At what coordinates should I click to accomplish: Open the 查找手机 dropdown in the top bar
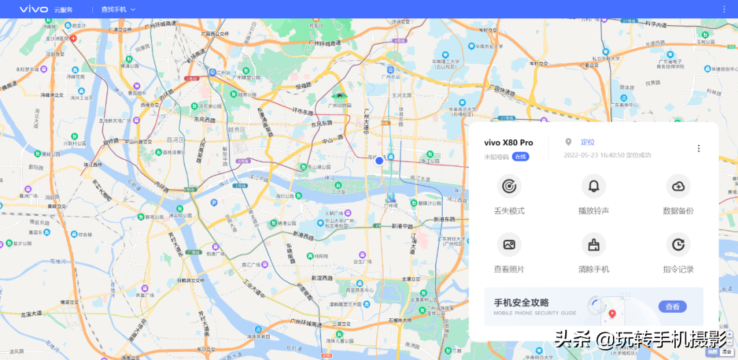[x=118, y=10]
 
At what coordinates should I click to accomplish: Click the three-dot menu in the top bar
[x=724, y=9]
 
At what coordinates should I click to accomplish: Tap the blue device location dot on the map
[x=379, y=161]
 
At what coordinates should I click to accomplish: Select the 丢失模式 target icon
[x=508, y=186]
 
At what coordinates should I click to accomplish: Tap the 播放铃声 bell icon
[x=593, y=186]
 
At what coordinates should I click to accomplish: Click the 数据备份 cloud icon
[x=678, y=186]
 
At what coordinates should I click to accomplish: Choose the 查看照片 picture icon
[x=508, y=245]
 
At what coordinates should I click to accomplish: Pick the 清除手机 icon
[x=593, y=245]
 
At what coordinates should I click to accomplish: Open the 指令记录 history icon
[x=678, y=245]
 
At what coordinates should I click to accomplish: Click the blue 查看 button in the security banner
[x=672, y=307]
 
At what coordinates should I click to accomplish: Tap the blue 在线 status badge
[x=521, y=156]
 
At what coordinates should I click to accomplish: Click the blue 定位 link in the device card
[x=588, y=142]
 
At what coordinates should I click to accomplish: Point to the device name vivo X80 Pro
[x=508, y=143]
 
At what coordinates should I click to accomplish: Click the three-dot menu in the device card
[x=698, y=148]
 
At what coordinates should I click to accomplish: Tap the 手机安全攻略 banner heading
[x=521, y=303]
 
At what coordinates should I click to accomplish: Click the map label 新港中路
[x=403, y=227]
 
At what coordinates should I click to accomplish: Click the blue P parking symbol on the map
[x=213, y=202]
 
